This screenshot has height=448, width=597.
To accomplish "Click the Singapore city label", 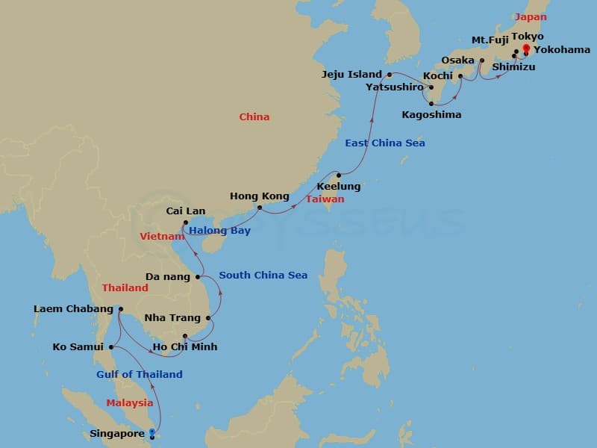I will point(118,433).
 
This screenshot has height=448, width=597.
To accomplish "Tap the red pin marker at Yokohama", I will point(525,49).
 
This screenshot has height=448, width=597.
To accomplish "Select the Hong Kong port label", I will point(259,196).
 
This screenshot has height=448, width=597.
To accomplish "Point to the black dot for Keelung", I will point(338,175).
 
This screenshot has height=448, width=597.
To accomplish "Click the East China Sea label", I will point(384,143).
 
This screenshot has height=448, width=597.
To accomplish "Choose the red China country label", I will point(254,117).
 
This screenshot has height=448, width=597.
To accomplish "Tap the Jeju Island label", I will point(351,75).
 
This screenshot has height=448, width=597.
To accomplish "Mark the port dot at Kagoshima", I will point(432,103).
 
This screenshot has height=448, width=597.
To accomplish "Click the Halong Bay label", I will point(219,231).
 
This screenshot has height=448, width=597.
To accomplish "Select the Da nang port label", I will point(169,276).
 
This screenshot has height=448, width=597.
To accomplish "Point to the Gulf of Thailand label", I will point(139,374).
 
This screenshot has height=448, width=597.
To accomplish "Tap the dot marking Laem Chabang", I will point(120,309).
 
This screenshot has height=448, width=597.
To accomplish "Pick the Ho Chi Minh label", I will point(184,346).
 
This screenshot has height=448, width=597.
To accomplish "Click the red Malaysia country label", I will point(129,403).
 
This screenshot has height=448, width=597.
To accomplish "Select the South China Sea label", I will point(263,276).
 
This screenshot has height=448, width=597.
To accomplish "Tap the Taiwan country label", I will point(325,199).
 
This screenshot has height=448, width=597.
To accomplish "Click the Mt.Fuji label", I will point(490,40).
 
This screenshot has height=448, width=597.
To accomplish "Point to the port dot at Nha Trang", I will point(208,319).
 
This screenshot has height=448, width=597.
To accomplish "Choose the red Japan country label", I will point(531,16).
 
